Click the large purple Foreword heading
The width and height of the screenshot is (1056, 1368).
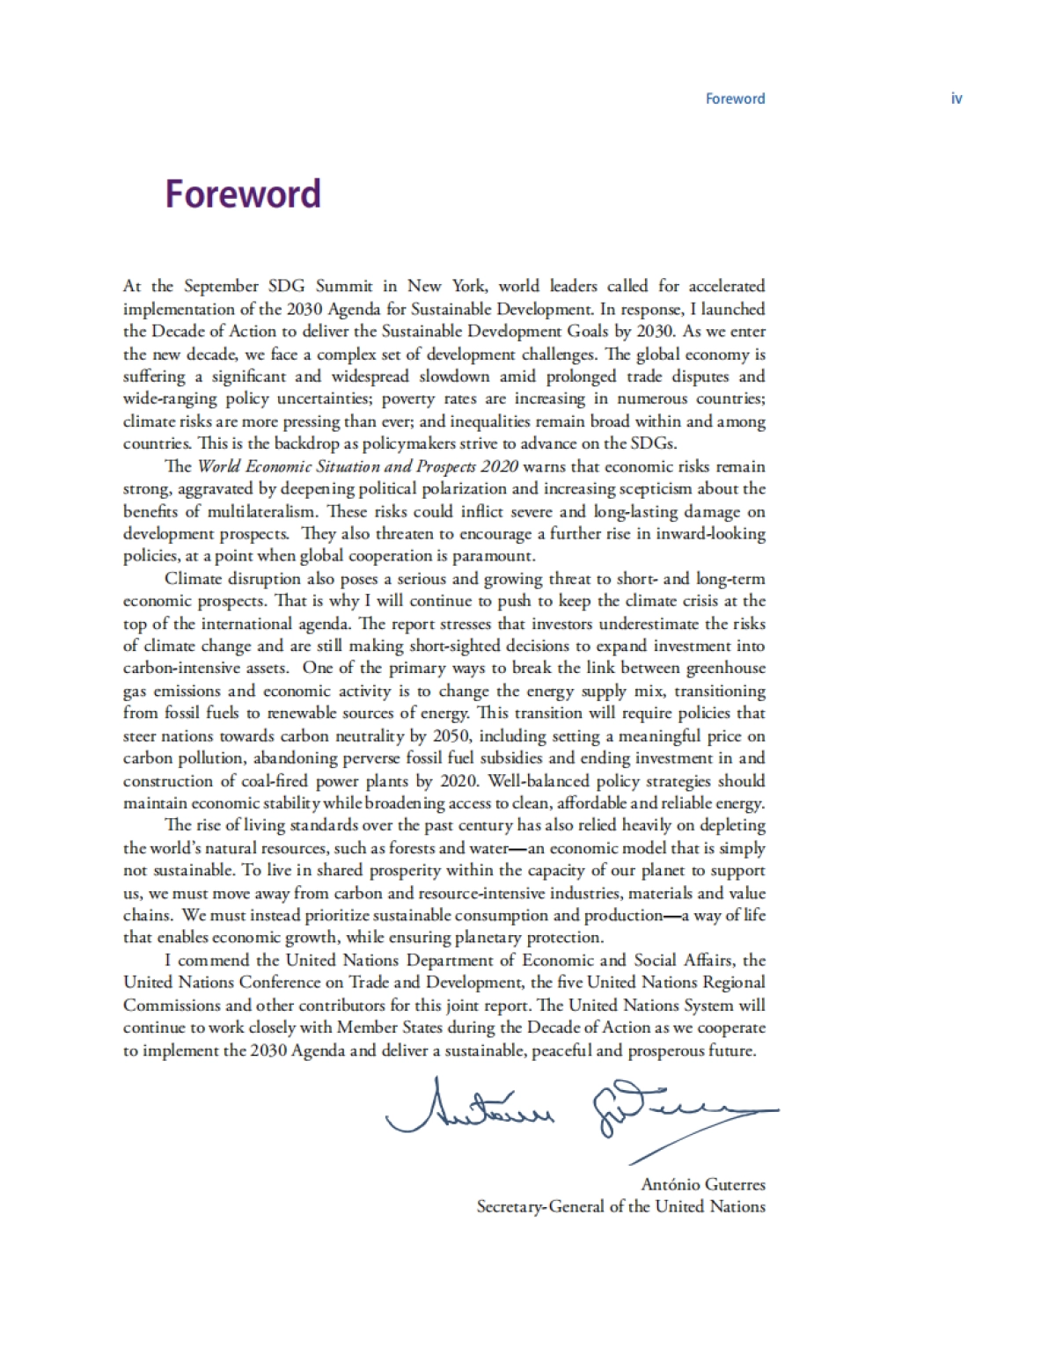[x=243, y=194]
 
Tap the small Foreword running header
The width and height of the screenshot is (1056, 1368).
[x=735, y=99]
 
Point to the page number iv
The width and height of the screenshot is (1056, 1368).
[x=957, y=99]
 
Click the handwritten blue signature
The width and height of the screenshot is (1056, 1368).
[x=581, y=1113]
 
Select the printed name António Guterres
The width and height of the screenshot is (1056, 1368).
[x=703, y=1184]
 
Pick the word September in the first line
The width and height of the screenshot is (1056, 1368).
[x=221, y=286]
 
